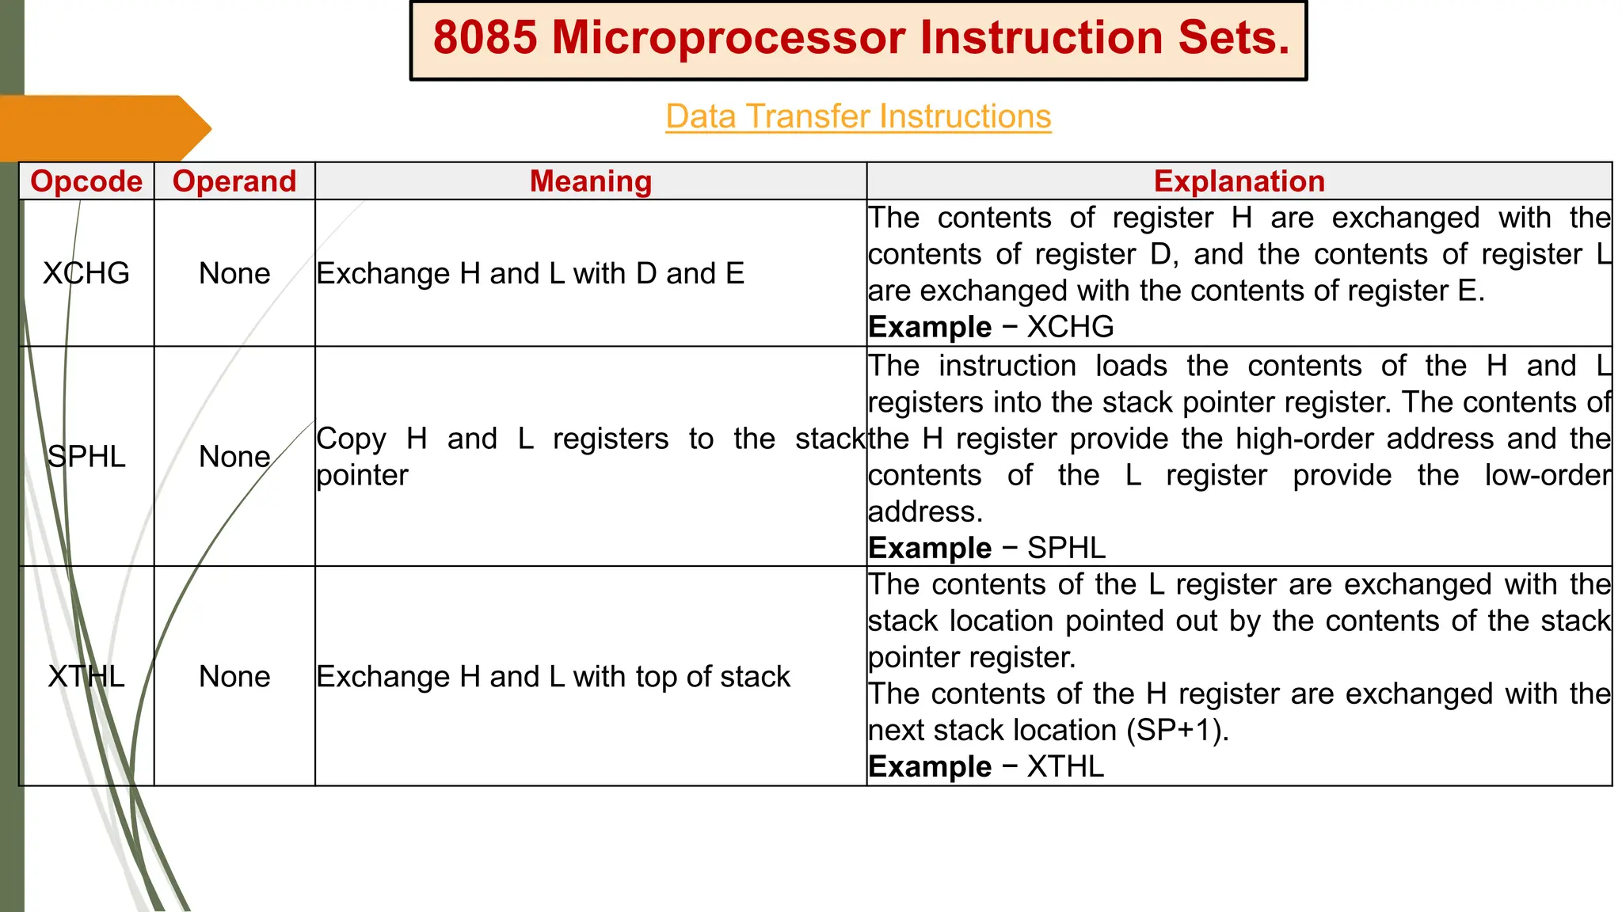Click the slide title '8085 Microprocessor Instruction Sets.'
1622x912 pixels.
[860, 38]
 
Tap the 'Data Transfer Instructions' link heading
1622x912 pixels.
[858, 116]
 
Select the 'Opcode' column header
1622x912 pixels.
[86, 181]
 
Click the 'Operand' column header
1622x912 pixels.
[234, 181]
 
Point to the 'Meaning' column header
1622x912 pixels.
[591, 181]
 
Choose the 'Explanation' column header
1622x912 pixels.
[1239, 181]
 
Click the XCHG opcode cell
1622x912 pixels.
[86, 273]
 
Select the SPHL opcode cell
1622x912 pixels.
[86, 457]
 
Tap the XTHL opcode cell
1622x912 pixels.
[86, 677]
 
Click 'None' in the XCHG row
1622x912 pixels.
[234, 273]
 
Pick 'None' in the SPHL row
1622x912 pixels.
[234, 457]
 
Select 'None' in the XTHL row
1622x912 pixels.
[234, 677]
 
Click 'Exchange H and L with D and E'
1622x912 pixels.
[530, 273]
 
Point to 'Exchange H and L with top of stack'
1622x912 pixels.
[553, 677]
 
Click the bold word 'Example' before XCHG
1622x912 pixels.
[930, 327]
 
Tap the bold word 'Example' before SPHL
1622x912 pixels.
[930, 548]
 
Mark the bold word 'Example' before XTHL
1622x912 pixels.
[930, 766]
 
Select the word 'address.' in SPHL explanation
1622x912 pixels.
[925, 511]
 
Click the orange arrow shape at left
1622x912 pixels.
[103, 128]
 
